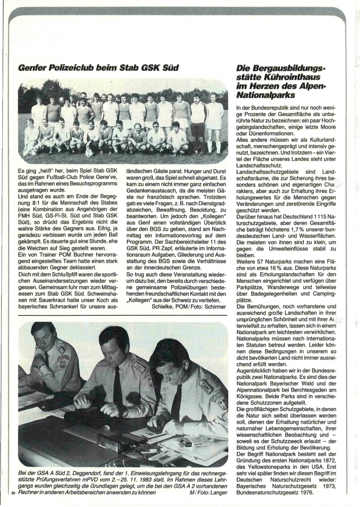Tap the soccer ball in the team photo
click(x=89, y=152)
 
